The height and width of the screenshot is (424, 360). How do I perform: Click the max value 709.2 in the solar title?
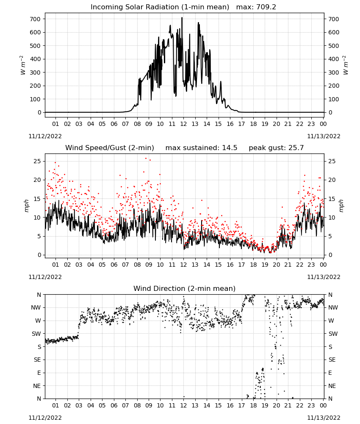pos(266,7)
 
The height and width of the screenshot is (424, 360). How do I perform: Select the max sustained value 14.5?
pos(230,148)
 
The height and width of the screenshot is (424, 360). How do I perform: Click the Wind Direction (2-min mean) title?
pos(185,288)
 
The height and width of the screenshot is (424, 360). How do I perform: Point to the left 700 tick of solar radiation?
pos(35,19)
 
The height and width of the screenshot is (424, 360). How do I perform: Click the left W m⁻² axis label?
pos(23,65)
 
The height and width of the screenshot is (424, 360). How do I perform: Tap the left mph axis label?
pos(26,206)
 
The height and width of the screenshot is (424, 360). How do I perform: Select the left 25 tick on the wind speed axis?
pos(38,161)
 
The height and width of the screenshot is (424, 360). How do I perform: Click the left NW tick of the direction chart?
pos(36,307)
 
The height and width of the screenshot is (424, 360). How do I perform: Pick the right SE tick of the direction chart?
pos(332,360)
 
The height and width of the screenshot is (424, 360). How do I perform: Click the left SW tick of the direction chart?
pos(36,334)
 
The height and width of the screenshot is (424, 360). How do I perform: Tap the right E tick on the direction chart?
pos(330,373)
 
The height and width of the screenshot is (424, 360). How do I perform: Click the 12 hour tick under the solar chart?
pos(183,124)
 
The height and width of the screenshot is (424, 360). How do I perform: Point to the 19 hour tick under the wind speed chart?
pos(265,265)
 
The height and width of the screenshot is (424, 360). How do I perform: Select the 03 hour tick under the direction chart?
pos(79,405)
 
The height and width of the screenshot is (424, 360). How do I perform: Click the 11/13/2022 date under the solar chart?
pos(324,136)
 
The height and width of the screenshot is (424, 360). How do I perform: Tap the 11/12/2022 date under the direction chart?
pos(45,418)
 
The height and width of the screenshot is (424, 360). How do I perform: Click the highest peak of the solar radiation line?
pos(182,17)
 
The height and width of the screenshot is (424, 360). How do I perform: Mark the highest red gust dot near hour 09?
pos(146,159)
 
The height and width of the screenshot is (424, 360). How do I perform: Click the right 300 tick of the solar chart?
pos(334,73)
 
